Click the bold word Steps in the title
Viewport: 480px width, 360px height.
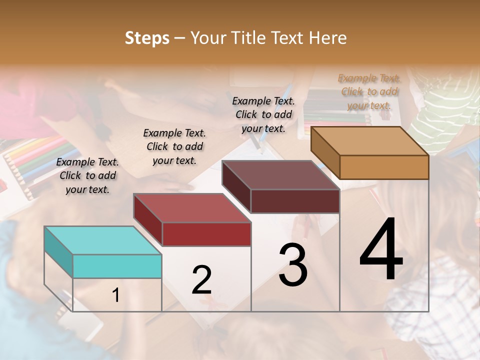(147, 38)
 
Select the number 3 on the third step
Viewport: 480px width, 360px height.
(293, 265)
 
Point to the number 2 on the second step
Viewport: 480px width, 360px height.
(201, 280)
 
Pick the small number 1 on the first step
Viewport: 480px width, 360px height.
(116, 295)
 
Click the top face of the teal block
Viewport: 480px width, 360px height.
(102, 240)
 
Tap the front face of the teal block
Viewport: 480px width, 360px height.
(117, 266)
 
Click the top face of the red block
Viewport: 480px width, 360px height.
(192, 207)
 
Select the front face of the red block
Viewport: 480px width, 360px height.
(206, 234)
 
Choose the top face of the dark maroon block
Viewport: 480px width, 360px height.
(280, 175)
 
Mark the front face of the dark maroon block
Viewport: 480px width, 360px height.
(295, 201)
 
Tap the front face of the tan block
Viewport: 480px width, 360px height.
(384, 167)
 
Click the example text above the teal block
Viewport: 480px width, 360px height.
(87, 175)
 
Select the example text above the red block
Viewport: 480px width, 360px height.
(174, 146)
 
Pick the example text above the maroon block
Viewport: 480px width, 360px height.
(263, 114)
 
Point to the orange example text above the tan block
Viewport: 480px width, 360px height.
(369, 91)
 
